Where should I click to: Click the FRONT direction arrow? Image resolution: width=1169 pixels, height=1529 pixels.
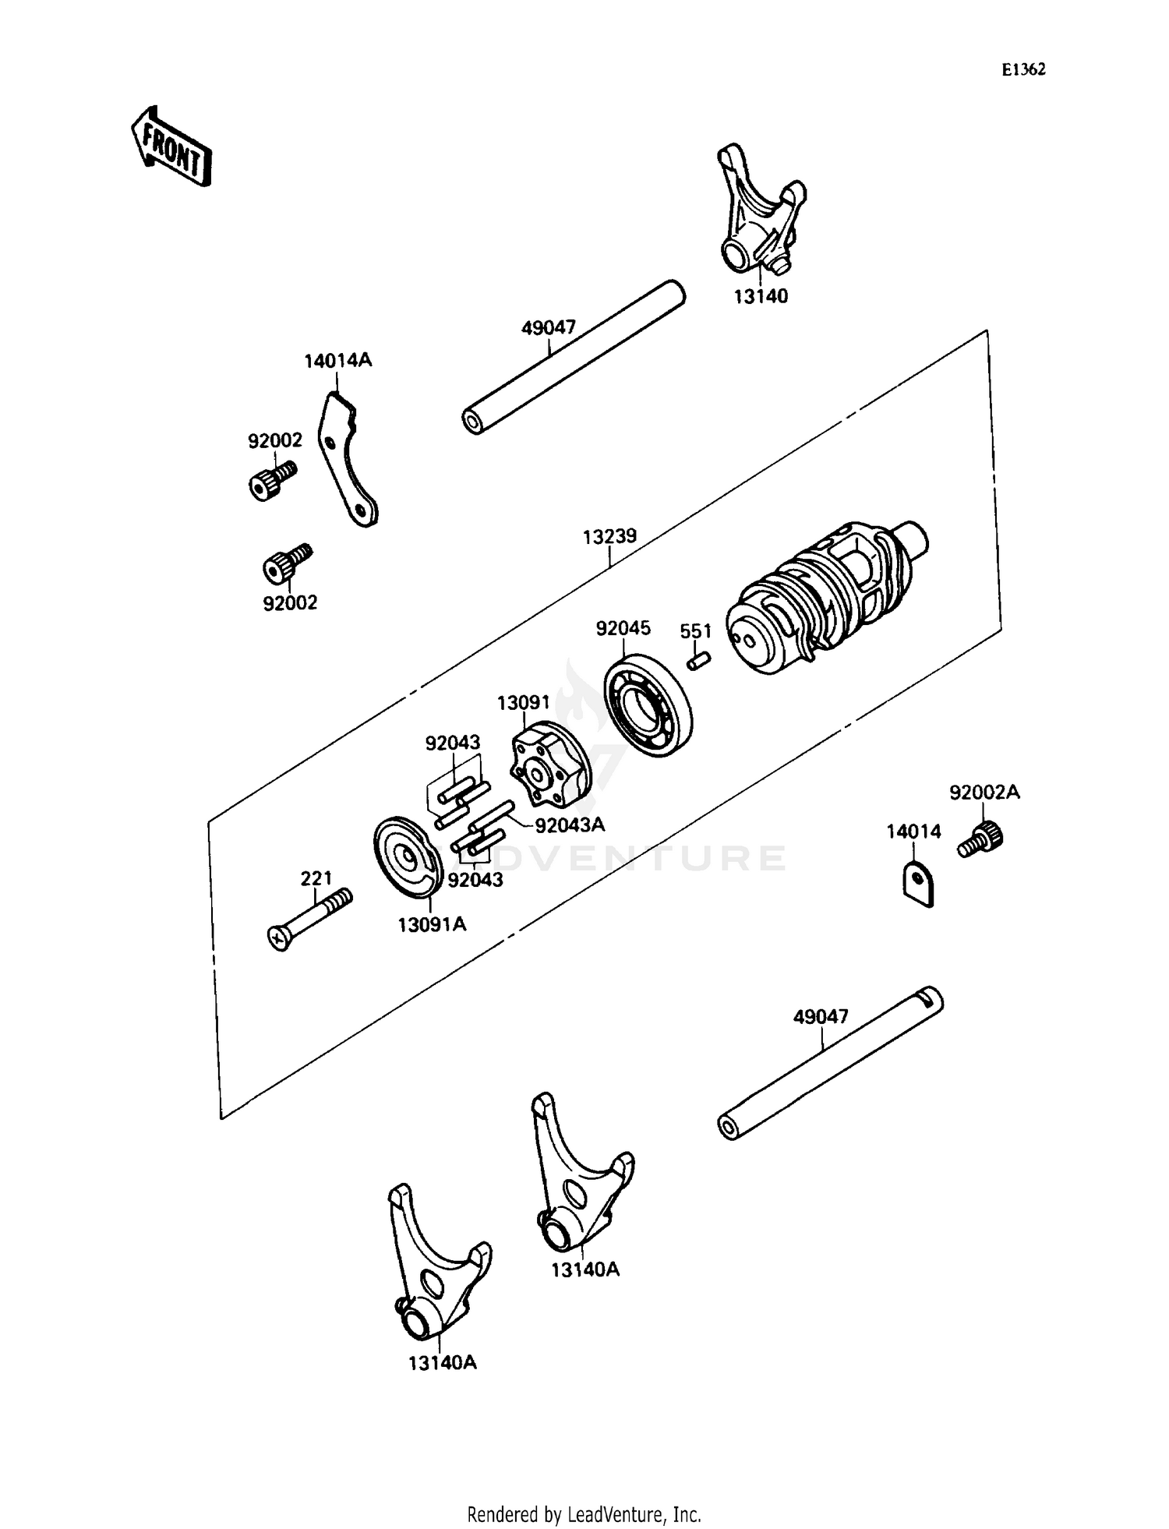[170, 147]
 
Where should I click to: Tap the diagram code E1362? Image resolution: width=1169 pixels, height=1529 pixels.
[1023, 69]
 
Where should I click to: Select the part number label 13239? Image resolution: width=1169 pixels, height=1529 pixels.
[609, 536]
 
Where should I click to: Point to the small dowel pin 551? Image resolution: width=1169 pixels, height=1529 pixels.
[698, 660]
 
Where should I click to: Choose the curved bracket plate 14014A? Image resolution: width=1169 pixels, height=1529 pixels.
[346, 460]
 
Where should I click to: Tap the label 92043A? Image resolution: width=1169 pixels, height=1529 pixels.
[569, 825]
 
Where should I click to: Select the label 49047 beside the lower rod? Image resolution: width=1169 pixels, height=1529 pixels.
[821, 1017]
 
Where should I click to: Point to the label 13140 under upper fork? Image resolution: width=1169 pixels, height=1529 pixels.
[760, 297]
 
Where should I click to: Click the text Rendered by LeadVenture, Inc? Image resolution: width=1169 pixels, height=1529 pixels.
[584, 1515]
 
